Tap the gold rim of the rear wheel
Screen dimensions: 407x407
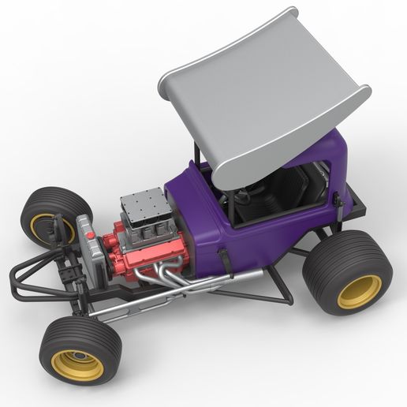click(360, 291)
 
